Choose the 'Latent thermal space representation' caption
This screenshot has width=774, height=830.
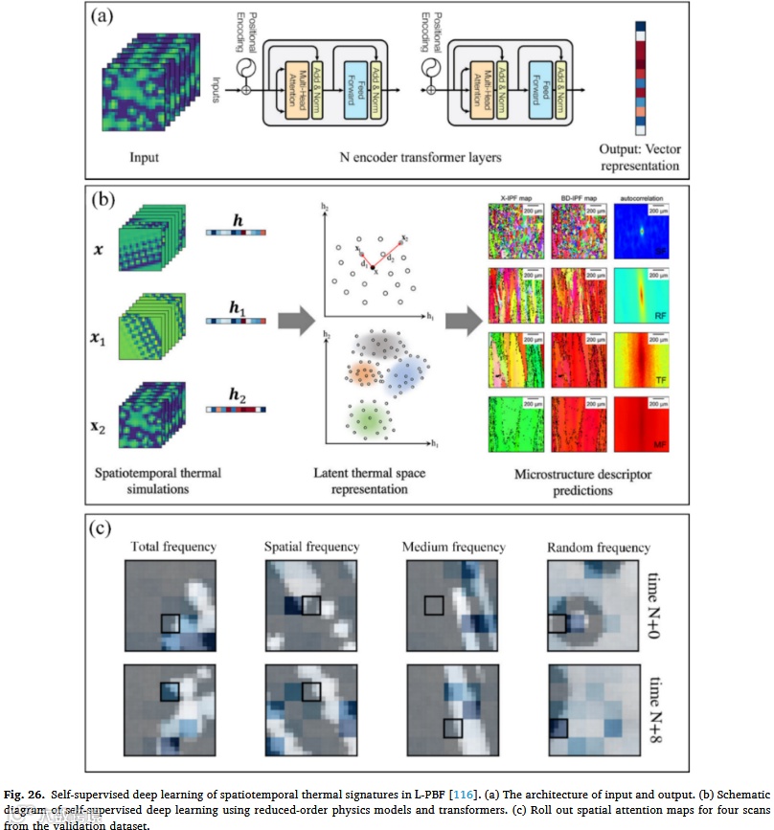(x=381, y=481)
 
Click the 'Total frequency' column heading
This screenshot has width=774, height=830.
(x=173, y=547)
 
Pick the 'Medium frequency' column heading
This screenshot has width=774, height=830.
(x=454, y=547)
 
